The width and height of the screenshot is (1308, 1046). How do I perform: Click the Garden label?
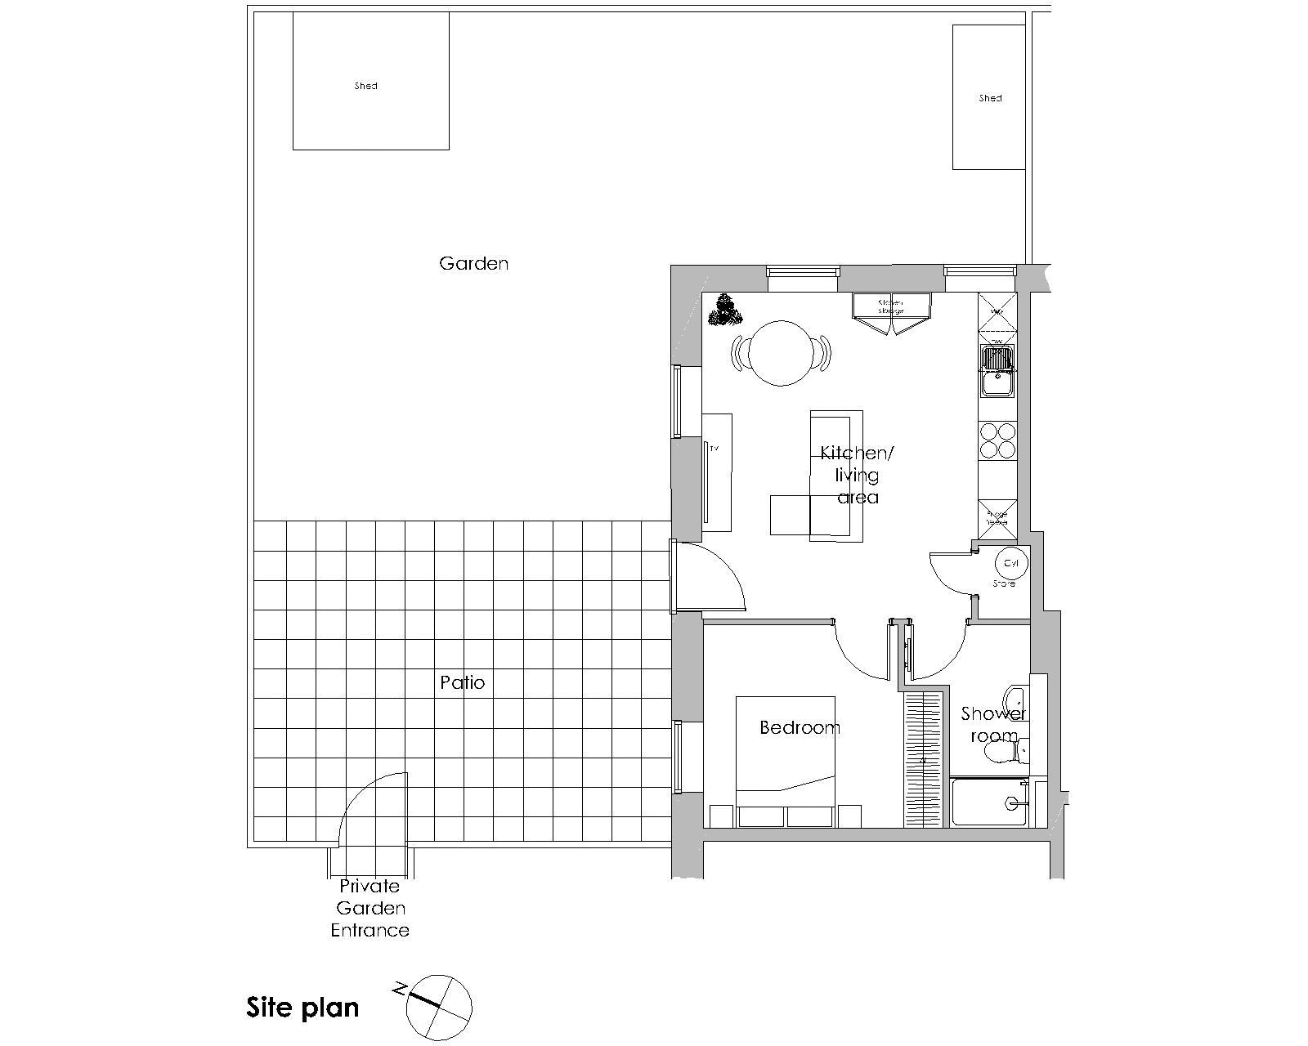pyautogui.click(x=473, y=263)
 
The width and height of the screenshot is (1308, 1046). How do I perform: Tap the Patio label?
pyautogui.click(x=462, y=682)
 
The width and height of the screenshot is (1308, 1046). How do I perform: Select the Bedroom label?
pyautogui.click(x=800, y=727)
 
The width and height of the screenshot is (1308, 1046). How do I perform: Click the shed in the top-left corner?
pyautogui.click(x=370, y=81)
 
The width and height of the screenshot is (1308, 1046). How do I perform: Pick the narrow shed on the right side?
pyautogui.click(x=988, y=96)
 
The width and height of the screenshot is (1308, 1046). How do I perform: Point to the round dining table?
pyautogui.click(x=782, y=353)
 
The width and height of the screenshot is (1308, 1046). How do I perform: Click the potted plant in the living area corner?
pyautogui.click(x=723, y=311)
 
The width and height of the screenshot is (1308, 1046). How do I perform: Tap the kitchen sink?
pyautogui.click(x=997, y=369)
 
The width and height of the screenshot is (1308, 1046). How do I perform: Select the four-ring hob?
pyautogui.click(x=997, y=440)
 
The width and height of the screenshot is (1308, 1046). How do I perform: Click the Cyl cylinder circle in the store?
pyautogui.click(x=1011, y=563)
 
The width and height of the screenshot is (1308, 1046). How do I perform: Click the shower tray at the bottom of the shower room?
pyautogui.click(x=988, y=802)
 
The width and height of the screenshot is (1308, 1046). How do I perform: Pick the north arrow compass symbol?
pyautogui.click(x=439, y=1007)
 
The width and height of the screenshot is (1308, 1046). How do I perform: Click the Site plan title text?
pyautogui.click(x=302, y=1007)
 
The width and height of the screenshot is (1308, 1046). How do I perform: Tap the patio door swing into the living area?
pyautogui.click(x=710, y=575)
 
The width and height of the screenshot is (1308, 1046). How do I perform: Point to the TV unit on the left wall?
pyautogui.click(x=716, y=472)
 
